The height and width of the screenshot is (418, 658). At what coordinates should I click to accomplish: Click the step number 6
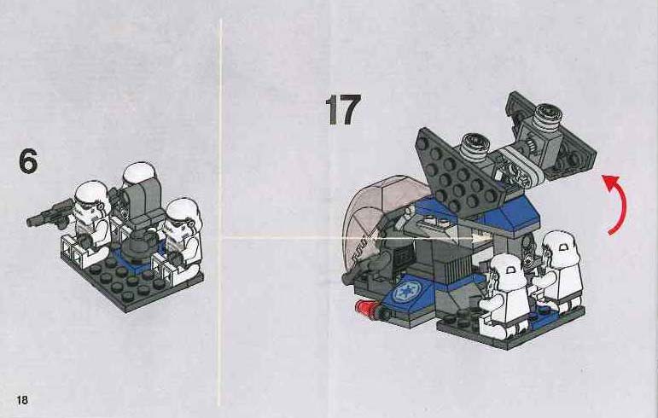click(28, 161)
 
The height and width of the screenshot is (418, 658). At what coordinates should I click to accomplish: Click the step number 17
click(343, 109)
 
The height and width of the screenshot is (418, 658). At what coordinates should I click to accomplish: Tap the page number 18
click(22, 399)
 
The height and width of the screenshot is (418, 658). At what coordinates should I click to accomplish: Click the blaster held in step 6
click(49, 214)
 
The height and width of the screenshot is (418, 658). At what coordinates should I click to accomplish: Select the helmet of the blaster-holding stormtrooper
click(91, 200)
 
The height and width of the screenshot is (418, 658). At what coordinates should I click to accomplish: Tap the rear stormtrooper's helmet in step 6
click(138, 173)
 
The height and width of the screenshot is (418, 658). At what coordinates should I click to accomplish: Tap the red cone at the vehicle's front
click(365, 308)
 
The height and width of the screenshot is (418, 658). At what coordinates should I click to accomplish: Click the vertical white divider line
click(219, 212)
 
